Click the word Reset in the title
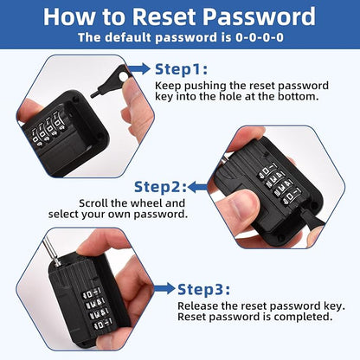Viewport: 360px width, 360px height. click(164, 16)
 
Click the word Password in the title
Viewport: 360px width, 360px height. click(259, 16)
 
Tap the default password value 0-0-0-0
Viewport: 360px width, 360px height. click(260, 37)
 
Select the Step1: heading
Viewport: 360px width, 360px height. click(181, 69)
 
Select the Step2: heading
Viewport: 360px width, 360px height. click(160, 187)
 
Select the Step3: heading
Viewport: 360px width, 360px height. click(204, 289)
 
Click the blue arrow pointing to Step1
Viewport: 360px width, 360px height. click(139, 69)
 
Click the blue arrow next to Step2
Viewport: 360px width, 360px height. click(198, 187)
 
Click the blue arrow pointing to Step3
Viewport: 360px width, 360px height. click(164, 289)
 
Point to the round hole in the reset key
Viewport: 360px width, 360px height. click(123, 77)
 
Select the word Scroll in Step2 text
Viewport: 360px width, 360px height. click(93, 203)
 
